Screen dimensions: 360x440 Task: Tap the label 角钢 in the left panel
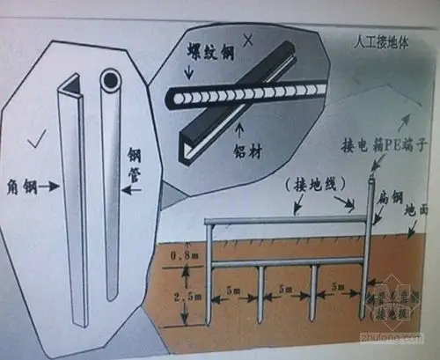pos(25,186)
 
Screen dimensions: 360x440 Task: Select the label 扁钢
pos(387,199)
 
